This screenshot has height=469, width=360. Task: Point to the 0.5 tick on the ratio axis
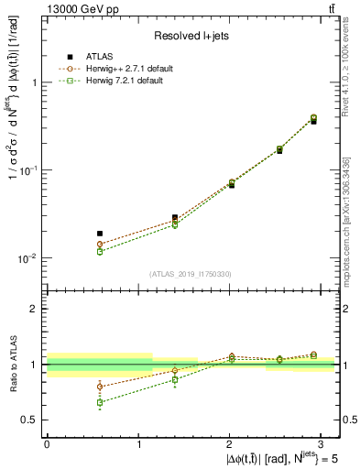tap(31, 420)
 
